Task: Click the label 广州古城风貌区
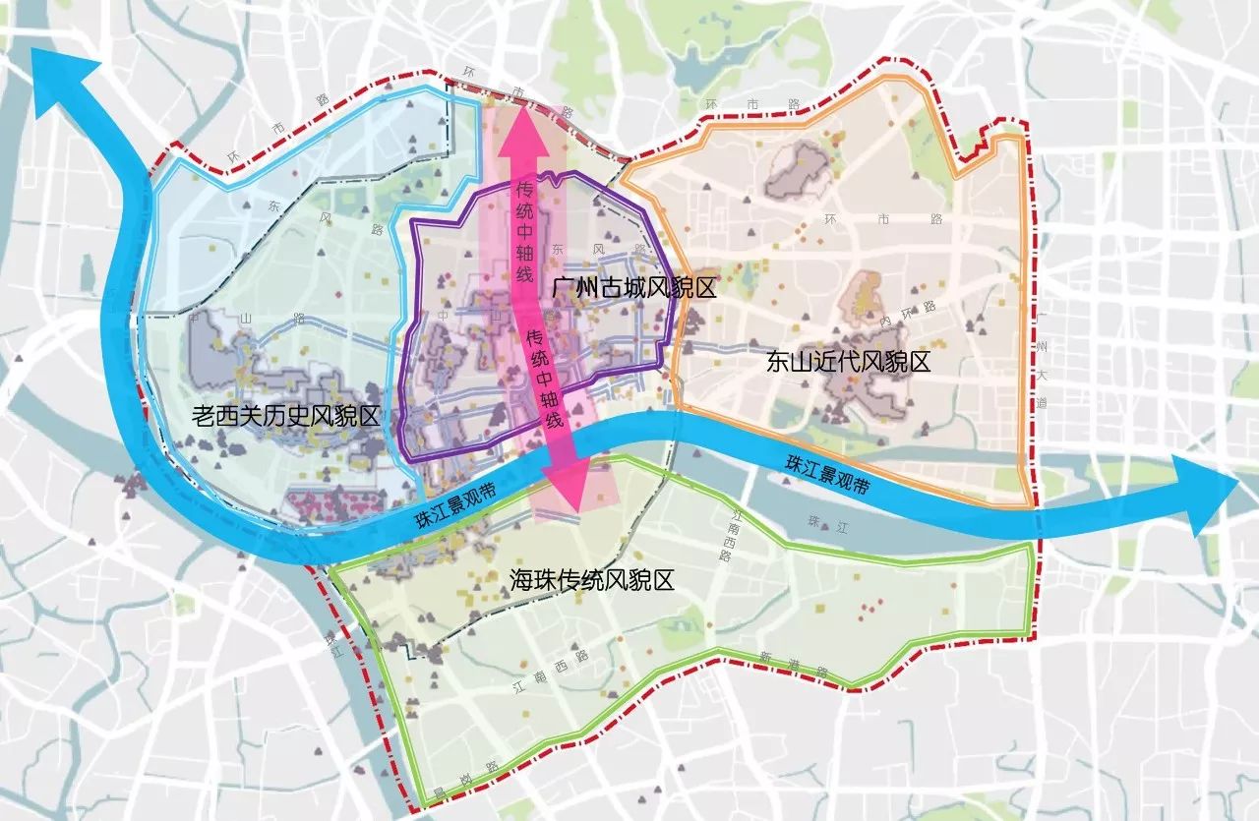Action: pos(632,288)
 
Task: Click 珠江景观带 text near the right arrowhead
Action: pos(827,471)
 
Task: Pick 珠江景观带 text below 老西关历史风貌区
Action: pos(451,504)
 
